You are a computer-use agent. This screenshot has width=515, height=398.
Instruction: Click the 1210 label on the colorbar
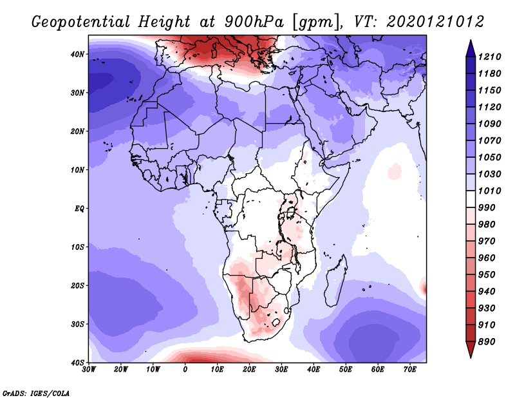tap(489, 57)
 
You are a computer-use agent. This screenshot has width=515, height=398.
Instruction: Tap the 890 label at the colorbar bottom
tap(487, 342)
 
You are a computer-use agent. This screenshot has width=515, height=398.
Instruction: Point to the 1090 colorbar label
tap(489, 124)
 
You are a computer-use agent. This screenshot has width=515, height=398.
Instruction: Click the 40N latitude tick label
tap(77, 54)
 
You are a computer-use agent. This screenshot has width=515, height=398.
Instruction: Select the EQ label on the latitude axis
tap(79, 209)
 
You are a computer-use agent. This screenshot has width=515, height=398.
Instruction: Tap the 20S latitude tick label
tap(77, 285)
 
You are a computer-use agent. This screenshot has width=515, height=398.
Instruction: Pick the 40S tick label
tap(77, 363)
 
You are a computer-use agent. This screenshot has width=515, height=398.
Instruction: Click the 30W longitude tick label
tap(89, 370)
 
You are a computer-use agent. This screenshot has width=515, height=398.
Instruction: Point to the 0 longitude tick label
tap(185, 370)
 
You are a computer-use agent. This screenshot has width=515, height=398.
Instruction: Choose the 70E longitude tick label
tap(410, 370)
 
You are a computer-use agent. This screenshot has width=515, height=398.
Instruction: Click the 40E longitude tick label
tap(314, 370)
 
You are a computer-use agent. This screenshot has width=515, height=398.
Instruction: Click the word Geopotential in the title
tap(81, 22)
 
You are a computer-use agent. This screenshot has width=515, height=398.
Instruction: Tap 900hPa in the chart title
tap(254, 22)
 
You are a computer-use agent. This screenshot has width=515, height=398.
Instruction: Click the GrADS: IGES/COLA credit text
tap(36, 393)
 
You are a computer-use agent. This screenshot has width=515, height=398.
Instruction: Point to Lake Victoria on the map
tap(291, 213)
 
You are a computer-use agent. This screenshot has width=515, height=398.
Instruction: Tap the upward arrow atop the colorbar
tap(471, 48)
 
